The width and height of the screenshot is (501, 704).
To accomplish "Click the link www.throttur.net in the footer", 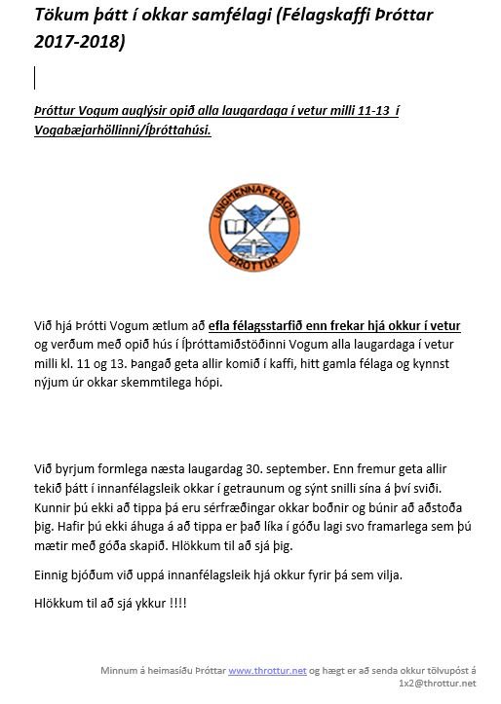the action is tap(267, 671).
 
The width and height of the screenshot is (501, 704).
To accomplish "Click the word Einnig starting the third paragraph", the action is tap(56, 575).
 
